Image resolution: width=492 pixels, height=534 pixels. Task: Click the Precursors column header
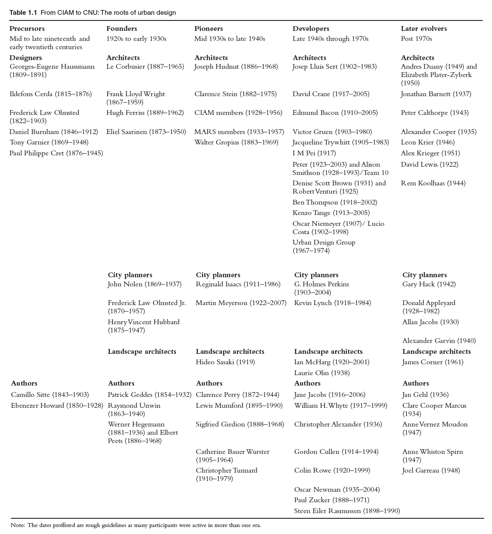click(27, 29)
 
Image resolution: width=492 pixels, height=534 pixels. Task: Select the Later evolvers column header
click(424, 29)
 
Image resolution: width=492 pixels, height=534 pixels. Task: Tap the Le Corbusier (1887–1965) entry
click(145, 67)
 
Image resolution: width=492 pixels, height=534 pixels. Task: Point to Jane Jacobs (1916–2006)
click(329, 395)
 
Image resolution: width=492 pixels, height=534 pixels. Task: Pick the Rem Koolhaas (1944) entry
click(433, 183)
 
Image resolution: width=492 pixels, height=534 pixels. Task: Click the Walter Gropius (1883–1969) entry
click(236, 142)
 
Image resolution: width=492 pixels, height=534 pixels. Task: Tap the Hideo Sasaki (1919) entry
click(225, 362)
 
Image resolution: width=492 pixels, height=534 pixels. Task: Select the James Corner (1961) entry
click(433, 362)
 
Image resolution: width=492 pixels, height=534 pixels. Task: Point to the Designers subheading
click(26, 58)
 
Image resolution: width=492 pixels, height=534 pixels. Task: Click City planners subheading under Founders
click(130, 275)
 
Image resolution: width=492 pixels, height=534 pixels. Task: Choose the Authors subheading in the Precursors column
click(24, 383)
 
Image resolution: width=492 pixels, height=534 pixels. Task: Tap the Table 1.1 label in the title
click(24, 13)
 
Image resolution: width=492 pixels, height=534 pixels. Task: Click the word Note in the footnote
click(17, 525)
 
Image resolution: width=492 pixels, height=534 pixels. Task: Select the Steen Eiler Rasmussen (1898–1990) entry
click(346, 511)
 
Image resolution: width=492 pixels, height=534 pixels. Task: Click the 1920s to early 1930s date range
click(136, 39)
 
